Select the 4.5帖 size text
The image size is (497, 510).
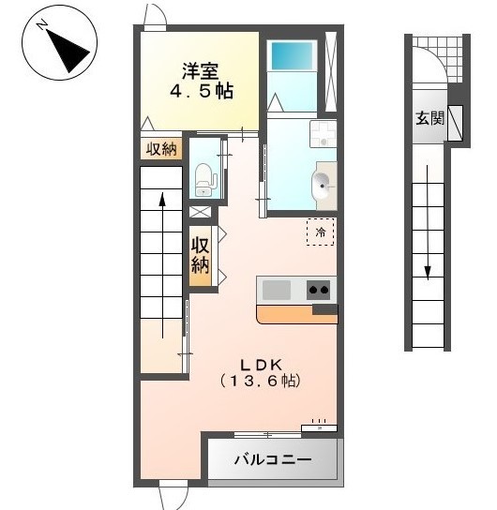click(x=201, y=93)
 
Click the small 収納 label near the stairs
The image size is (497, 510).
click(x=161, y=149)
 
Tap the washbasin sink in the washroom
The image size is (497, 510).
click(x=322, y=184)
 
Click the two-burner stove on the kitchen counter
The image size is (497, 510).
click(x=319, y=290)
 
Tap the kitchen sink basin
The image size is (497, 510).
click(x=278, y=290)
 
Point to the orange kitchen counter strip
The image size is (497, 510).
click(x=296, y=313)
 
